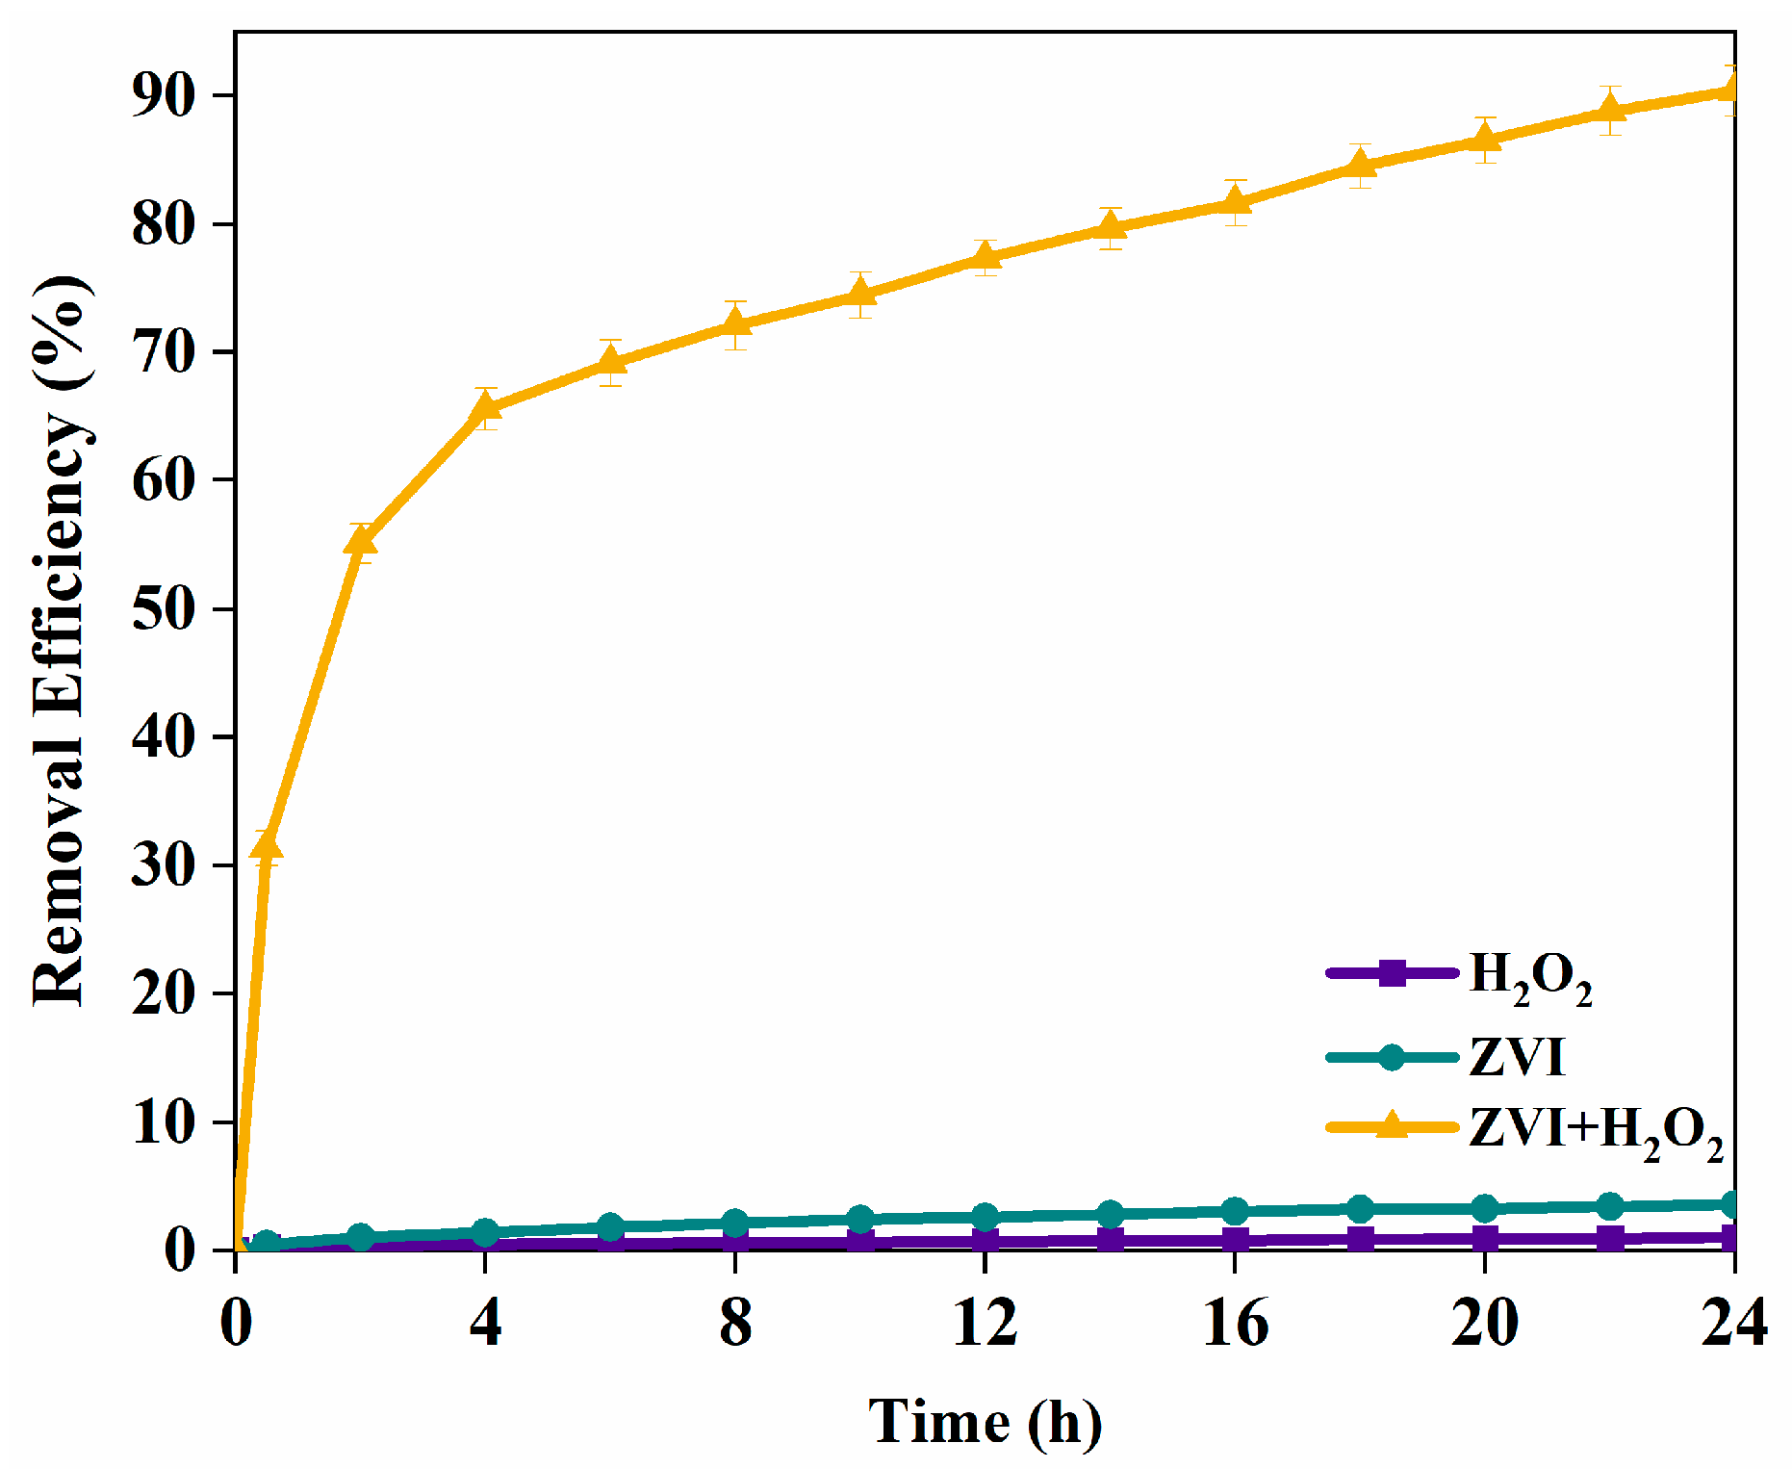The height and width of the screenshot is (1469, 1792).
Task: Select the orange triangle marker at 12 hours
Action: tap(985, 257)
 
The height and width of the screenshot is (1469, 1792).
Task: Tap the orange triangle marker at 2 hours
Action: tap(360, 542)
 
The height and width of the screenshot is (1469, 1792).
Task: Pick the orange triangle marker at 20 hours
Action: tap(1484, 140)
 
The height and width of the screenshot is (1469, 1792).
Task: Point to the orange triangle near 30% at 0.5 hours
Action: tap(267, 847)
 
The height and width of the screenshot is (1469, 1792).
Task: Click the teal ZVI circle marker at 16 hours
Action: tap(1235, 1211)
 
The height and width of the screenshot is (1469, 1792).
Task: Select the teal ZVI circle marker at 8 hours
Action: tap(735, 1223)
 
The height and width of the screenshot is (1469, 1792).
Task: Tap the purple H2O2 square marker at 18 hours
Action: tap(1360, 1239)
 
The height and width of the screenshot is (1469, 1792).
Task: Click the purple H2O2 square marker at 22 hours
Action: tap(1609, 1238)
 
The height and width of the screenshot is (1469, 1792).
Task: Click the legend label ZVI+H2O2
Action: tap(1595, 1132)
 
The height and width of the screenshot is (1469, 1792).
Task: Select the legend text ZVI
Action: tap(1517, 1057)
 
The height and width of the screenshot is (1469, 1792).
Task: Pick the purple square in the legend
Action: tap(1392, 973)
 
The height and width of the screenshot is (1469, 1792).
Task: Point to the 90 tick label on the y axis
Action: tap(164, 95)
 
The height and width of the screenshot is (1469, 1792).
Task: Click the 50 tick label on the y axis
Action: tap(164, 608)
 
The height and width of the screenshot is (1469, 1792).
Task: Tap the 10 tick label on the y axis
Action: tap(164, 1121)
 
